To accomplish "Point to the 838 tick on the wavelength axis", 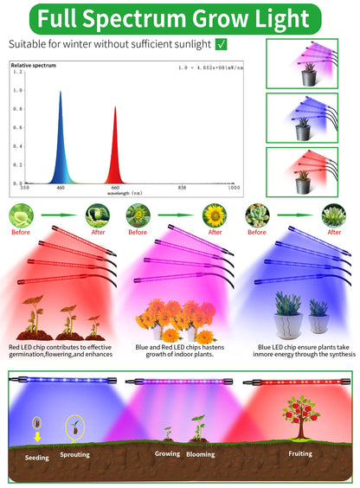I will coord(172,187).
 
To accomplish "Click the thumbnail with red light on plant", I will coord(301,170).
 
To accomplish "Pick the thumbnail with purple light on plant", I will coord(301,63).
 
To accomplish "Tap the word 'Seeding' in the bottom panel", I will coord(36,459).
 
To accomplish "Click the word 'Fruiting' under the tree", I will coord(301,452).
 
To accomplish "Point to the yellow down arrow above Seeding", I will coord(36,440).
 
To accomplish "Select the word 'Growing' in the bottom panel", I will coord(167,452).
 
